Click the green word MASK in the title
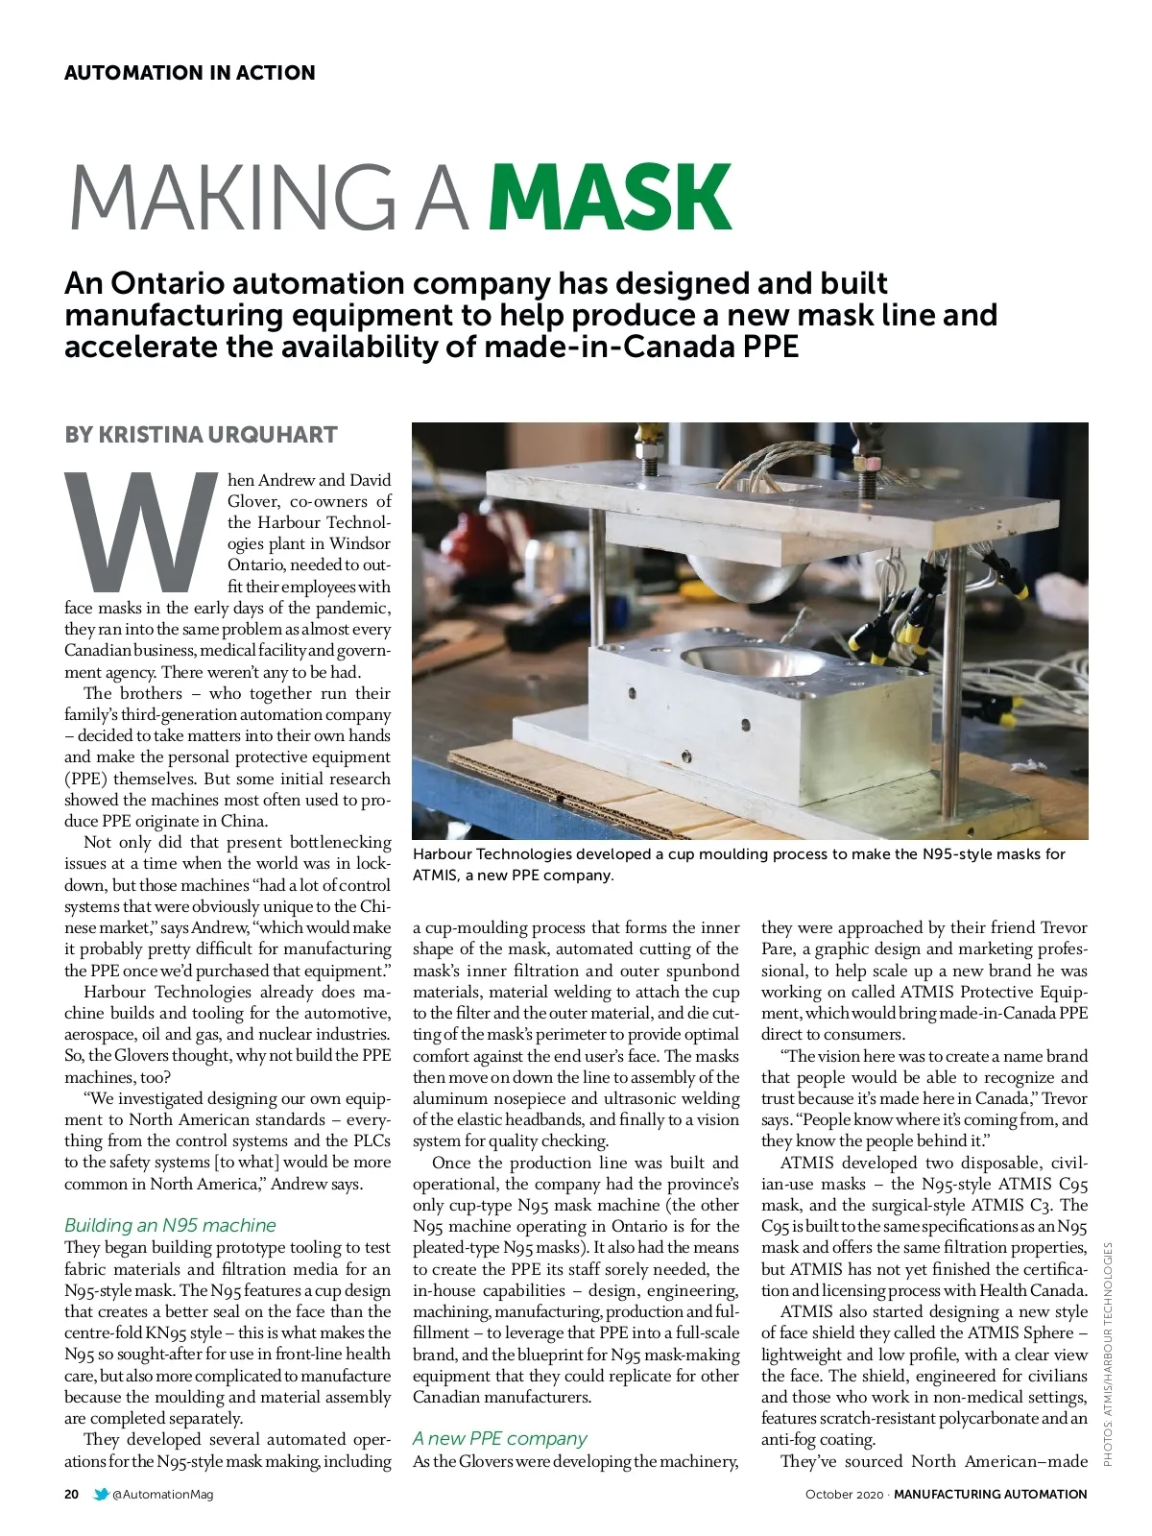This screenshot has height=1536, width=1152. point(611,198)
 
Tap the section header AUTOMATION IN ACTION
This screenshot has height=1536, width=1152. point(189,73)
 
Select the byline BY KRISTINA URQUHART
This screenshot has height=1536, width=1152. point(201,435)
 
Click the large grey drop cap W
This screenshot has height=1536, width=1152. point(142,530)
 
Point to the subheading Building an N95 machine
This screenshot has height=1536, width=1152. point(170,1225)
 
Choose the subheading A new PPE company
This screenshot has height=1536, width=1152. point(499,1438)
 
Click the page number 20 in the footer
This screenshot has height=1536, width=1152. point(72,1494)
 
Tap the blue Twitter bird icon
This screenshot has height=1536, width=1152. point(101,1494)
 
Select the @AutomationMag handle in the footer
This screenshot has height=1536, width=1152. point(163,1494)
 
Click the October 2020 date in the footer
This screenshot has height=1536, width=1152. point(843,1494)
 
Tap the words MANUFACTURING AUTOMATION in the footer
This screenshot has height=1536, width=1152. point(991,1494)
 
